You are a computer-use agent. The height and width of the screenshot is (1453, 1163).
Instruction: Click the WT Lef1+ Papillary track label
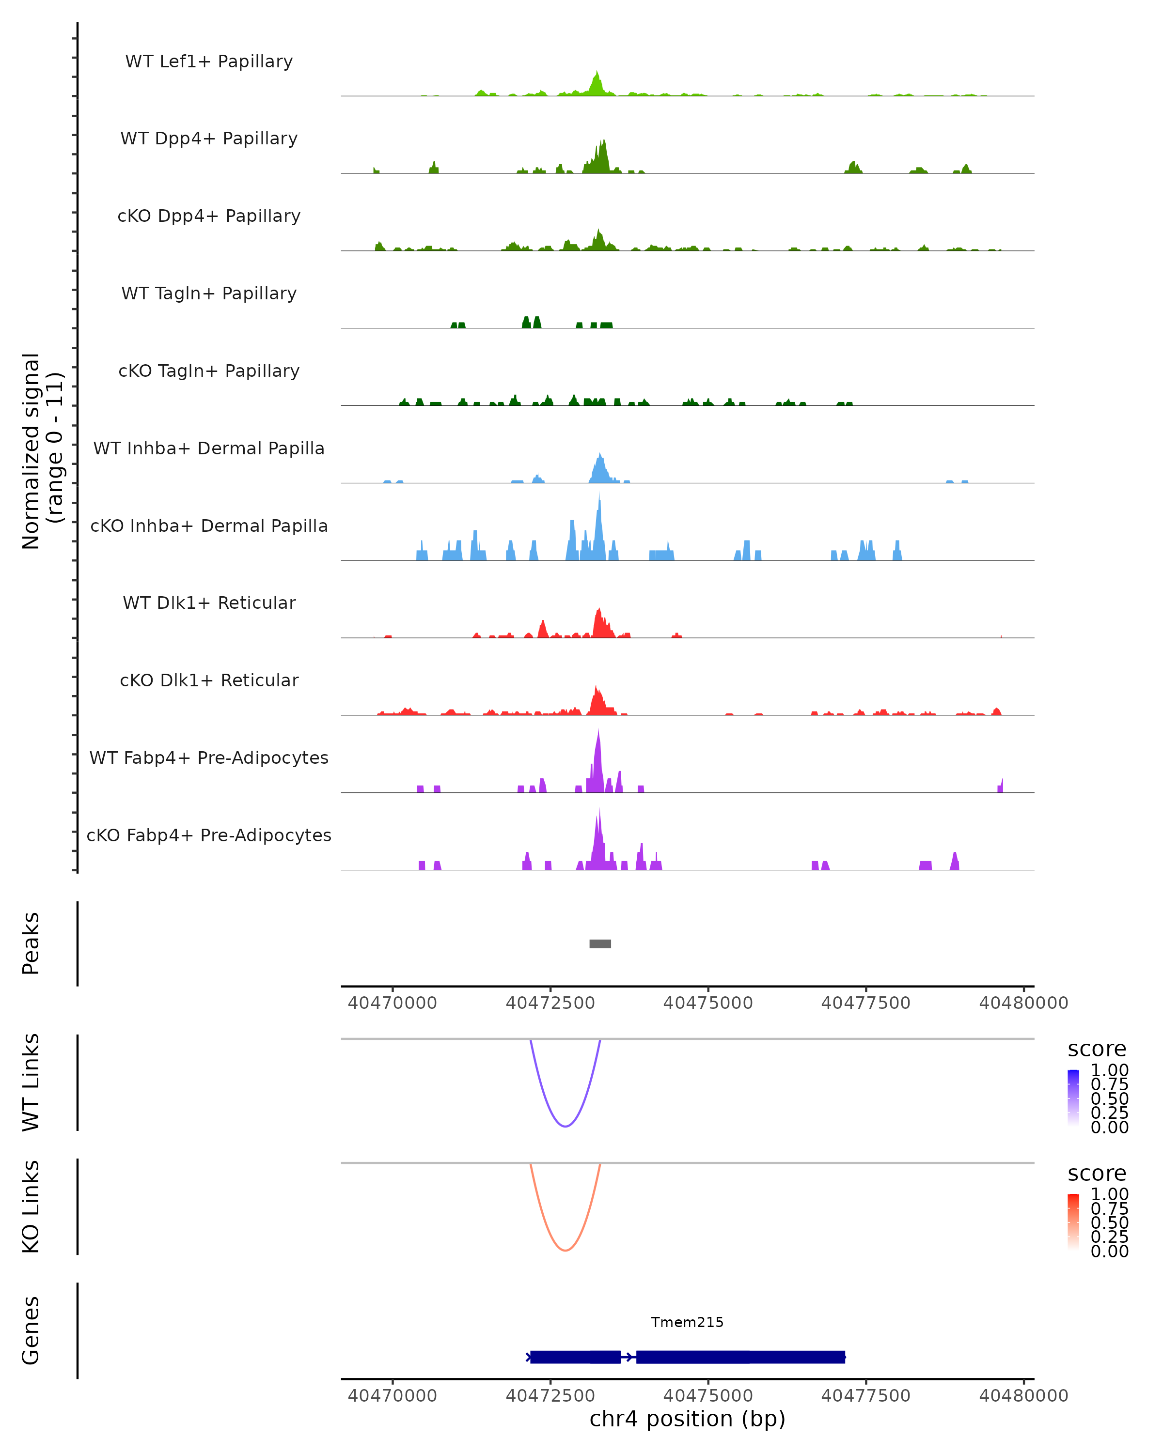pos(209,62)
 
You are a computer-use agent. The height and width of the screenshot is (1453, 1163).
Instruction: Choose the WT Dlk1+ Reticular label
pos(209,603)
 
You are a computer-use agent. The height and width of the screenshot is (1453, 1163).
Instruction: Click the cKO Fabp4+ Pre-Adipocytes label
pos(209,835)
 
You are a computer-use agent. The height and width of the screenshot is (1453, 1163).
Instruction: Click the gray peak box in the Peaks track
pos(600,943)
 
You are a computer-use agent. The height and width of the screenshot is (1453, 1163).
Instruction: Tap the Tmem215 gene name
pos(687,1322)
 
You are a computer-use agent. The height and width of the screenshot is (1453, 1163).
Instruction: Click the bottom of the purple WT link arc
pos(566,1126)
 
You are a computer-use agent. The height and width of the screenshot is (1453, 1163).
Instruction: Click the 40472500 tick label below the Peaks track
pos(550,1003)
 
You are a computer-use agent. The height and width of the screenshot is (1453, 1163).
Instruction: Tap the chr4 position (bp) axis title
pos(687,1419)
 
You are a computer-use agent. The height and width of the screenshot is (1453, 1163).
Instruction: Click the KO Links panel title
pos(31,1206)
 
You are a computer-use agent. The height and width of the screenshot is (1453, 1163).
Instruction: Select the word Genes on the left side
pos(31,1330)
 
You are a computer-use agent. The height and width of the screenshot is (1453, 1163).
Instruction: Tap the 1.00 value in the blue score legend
pos(1110,1070)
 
